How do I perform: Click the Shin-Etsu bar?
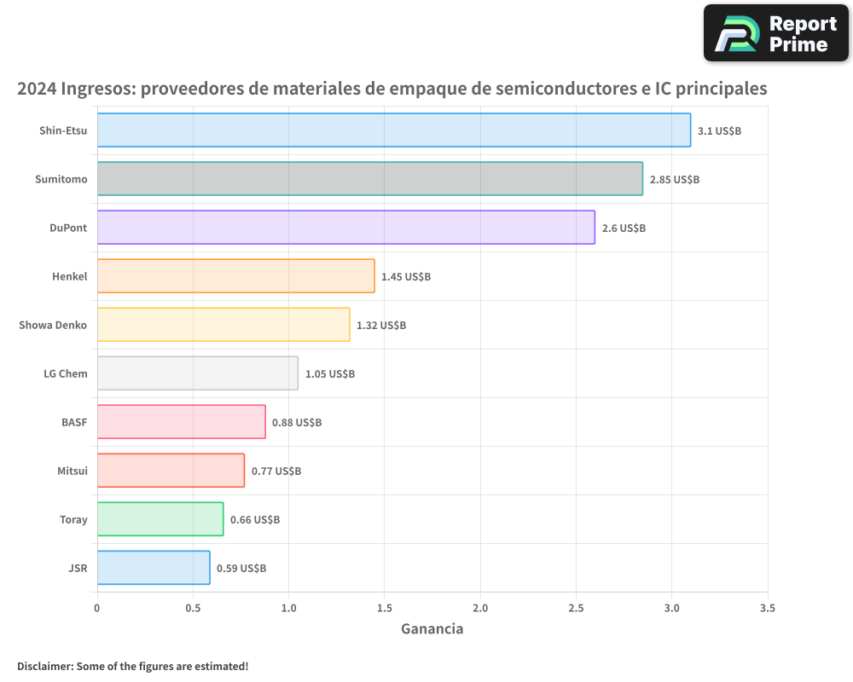tap(393, 130)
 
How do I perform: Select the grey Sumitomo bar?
tap(369, 179)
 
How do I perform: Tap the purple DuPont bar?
tap(345, 228)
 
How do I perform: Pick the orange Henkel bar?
tap(235, 276)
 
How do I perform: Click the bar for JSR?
tap(154, 568)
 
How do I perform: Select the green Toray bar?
tap(160, 519)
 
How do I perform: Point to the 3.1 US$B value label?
tap(719, 131)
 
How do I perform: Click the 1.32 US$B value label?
tap(381, 326)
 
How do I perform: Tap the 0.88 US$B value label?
tap(297, 423)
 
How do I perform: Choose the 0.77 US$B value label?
tap(276, 471)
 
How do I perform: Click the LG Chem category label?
tap(66, 374)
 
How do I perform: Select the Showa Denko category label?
tap(53, 326)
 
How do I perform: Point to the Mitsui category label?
tap(72, 471)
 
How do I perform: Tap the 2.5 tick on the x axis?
tap(576, 608)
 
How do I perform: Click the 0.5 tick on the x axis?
tap(193, 608)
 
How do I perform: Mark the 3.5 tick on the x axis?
tap(767, 608)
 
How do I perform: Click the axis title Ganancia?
tap(432, 629)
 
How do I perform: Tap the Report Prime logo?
tap(775, 33)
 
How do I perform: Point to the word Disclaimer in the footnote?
tap(44, 666)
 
